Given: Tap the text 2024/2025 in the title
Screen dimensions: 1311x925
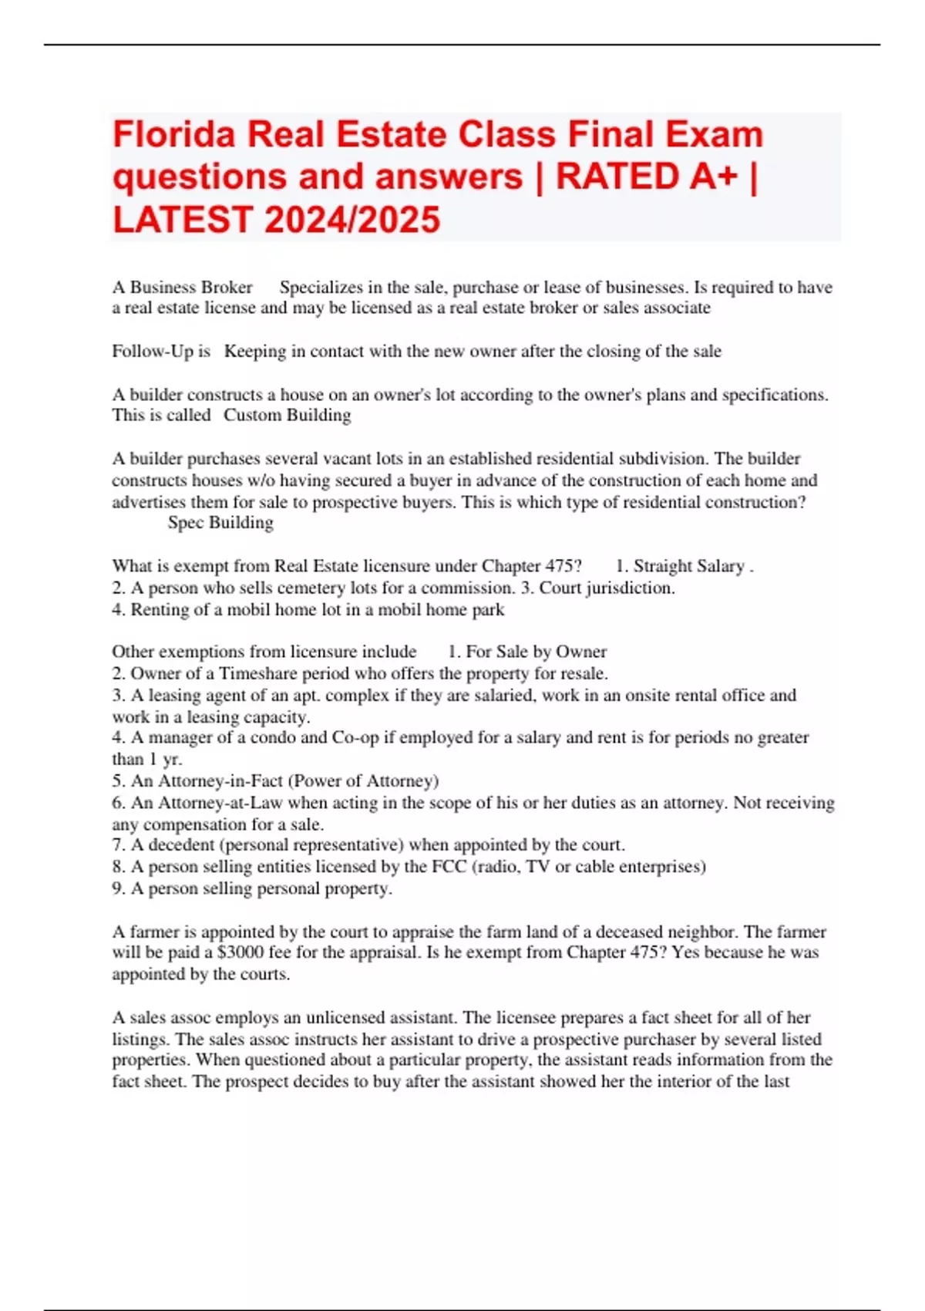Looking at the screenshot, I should click(352, 220).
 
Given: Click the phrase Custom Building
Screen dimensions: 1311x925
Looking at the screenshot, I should click(287, 416).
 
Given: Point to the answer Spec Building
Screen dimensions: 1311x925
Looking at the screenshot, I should click(220, 523).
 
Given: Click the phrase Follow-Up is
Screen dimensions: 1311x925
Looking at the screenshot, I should click(161, 352).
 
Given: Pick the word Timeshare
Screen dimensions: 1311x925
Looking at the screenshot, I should click(258, 673).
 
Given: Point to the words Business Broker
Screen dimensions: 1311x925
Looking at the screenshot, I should click(190, 288).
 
